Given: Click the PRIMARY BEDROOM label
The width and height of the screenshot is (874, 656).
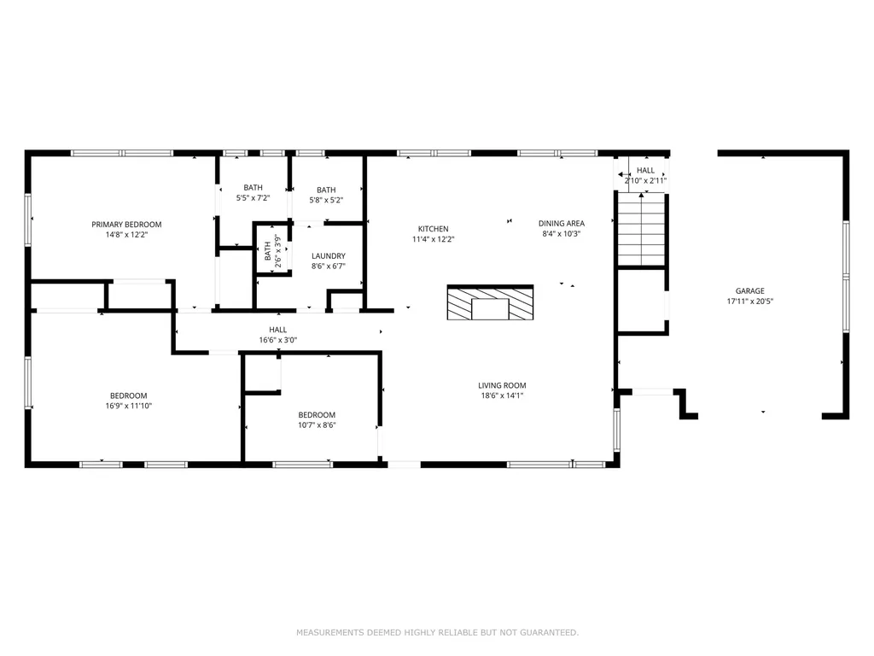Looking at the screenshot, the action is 126,225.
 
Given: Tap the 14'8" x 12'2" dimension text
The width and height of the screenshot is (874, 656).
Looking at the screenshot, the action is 126,235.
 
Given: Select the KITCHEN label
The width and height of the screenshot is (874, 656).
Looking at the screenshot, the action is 433,229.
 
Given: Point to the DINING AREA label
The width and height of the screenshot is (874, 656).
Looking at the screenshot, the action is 562,223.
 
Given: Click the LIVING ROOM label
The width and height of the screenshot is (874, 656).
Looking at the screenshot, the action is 502,385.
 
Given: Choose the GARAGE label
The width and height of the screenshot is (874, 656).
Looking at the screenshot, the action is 749,290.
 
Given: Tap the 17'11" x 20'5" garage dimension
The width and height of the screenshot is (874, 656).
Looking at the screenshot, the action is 749,302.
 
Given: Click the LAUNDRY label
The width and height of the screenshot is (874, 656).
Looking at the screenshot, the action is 329,256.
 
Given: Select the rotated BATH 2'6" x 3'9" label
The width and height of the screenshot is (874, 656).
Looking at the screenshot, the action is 272,251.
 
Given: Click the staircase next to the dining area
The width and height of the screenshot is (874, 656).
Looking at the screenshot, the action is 642,229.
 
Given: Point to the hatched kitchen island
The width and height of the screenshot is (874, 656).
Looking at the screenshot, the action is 490,302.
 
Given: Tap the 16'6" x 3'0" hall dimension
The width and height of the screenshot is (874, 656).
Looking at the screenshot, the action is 277,340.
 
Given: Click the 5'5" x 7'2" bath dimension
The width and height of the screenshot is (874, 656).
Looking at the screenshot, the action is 253,198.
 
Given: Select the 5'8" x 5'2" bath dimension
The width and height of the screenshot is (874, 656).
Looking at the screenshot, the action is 326,200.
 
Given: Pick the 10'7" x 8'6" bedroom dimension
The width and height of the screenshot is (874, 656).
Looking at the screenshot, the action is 317,425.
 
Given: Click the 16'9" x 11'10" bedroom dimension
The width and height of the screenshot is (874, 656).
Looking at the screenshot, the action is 129,406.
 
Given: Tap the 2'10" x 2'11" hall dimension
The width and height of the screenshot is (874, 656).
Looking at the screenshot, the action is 645,181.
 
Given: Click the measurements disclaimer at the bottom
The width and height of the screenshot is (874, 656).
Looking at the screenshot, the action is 438,633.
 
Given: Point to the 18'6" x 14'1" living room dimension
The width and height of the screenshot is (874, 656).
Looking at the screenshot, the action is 502,396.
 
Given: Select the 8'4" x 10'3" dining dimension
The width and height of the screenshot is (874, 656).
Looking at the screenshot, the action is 562,234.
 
